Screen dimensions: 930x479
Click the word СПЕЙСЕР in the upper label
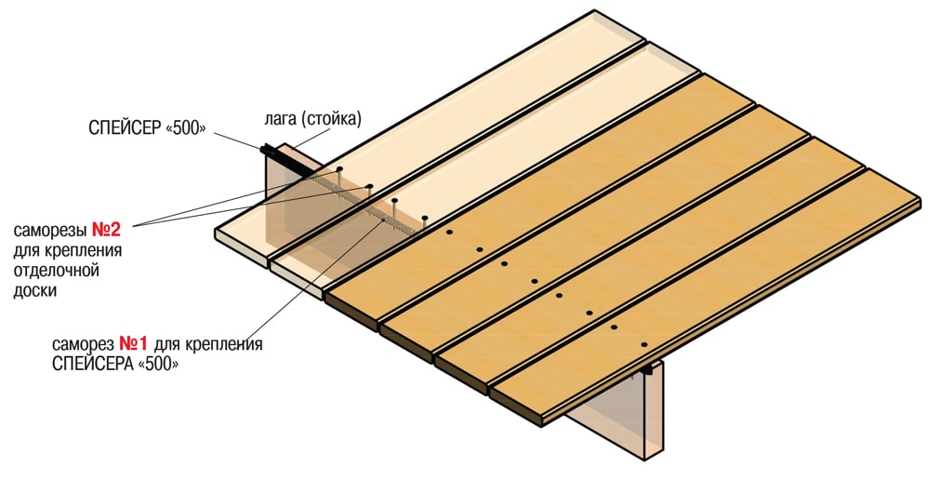124,128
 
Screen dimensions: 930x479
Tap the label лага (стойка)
312,119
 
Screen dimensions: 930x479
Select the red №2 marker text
107,230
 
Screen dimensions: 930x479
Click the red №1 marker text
133,344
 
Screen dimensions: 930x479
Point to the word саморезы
50,231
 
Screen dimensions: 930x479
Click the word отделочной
56,271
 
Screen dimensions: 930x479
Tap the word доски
35,291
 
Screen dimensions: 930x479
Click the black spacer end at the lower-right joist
646,368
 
